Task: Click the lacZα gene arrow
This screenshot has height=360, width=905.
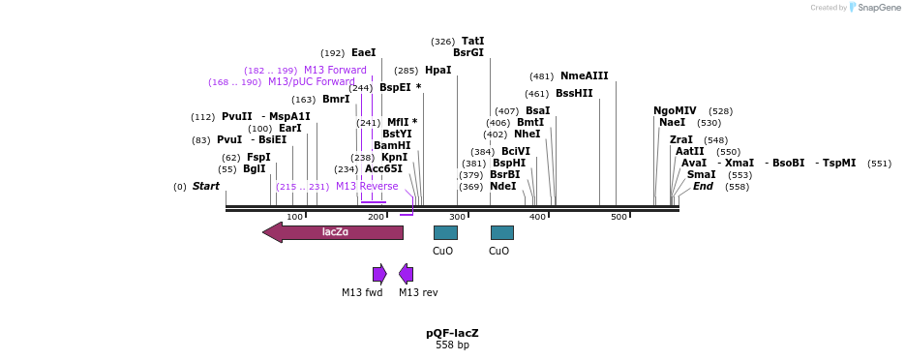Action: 333,232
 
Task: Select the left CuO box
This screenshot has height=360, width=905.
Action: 445,232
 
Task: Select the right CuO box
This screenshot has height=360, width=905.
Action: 501,232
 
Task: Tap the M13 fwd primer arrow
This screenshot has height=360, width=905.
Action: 379,274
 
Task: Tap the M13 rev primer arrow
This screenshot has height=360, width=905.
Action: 407,274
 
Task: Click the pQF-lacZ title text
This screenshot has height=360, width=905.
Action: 452,333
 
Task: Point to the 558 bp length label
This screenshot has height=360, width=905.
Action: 452,345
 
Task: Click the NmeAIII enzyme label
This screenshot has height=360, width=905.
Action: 584,76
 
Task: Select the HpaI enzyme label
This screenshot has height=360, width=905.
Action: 437,71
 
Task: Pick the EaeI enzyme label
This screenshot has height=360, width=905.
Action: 363,53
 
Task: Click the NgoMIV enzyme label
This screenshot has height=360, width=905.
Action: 675,111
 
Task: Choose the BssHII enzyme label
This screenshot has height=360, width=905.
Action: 574,94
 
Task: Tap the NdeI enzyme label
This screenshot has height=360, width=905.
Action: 502,187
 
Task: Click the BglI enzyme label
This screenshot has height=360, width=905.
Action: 254,169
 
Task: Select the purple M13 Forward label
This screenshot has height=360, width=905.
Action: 335,71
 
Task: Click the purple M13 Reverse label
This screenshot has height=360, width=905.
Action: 367,187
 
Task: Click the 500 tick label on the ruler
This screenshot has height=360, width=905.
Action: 618,217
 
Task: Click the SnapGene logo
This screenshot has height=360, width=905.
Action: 874,8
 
